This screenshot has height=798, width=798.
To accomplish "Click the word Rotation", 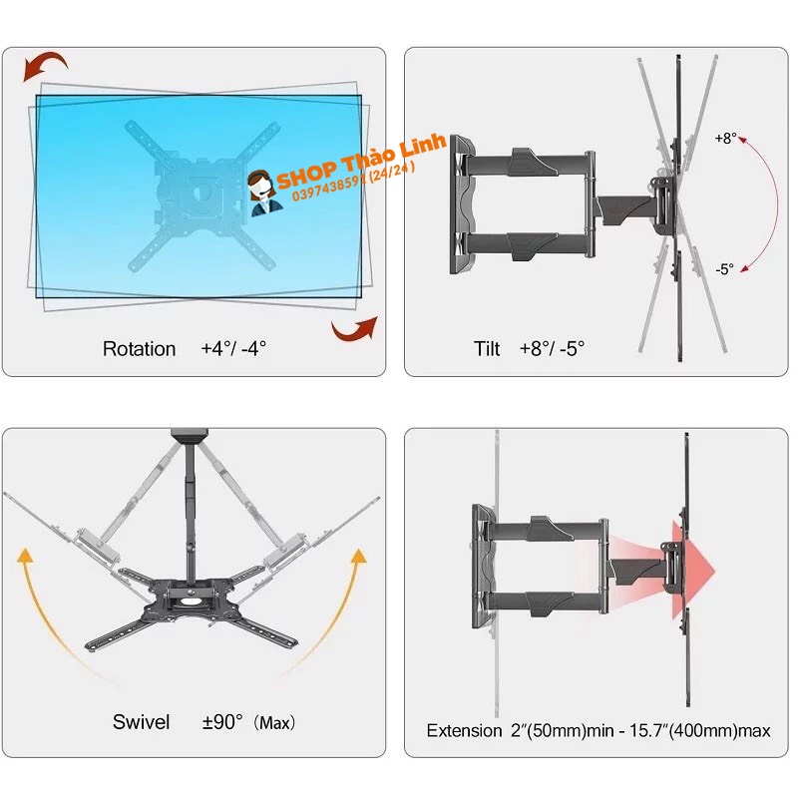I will pyautogui.click(x=139, y=349).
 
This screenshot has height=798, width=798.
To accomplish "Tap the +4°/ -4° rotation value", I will pyautogui.click(x=233, y=349).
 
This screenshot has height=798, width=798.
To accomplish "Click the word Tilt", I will pyautogui.click(x=487, y=349).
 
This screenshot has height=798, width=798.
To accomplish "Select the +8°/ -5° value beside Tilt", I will pyautogui.click(x=552, y=349).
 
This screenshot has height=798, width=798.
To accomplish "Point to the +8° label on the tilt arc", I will pyautogui.click(x=725, y=140).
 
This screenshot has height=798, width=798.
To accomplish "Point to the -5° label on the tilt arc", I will pyautogui.click(x=724, y=268).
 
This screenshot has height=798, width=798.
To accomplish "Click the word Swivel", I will pyautogui.click(x=141, y=721).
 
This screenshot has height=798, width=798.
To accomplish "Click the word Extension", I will pyautogui.click(x=464, y=730).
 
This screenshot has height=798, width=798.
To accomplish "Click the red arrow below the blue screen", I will pyautogui.click(x=354, y=327).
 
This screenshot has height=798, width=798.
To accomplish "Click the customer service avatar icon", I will pyautogui.click(x=264, y=192).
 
